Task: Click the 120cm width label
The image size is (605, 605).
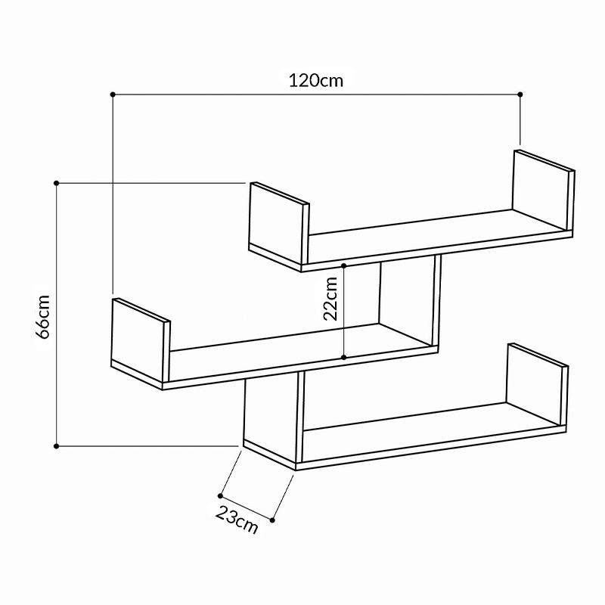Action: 315,79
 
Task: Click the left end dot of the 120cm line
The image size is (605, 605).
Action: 113,94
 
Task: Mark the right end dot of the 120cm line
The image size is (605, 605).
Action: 520,94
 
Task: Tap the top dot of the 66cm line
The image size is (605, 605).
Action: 57,183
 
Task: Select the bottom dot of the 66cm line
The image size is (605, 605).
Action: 57,446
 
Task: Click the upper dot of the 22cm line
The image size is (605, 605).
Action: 344,265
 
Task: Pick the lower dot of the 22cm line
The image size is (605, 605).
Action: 344,357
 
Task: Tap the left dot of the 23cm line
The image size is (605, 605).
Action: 220,497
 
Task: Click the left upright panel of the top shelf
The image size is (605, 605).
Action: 278,222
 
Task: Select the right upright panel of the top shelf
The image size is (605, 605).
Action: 539,189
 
